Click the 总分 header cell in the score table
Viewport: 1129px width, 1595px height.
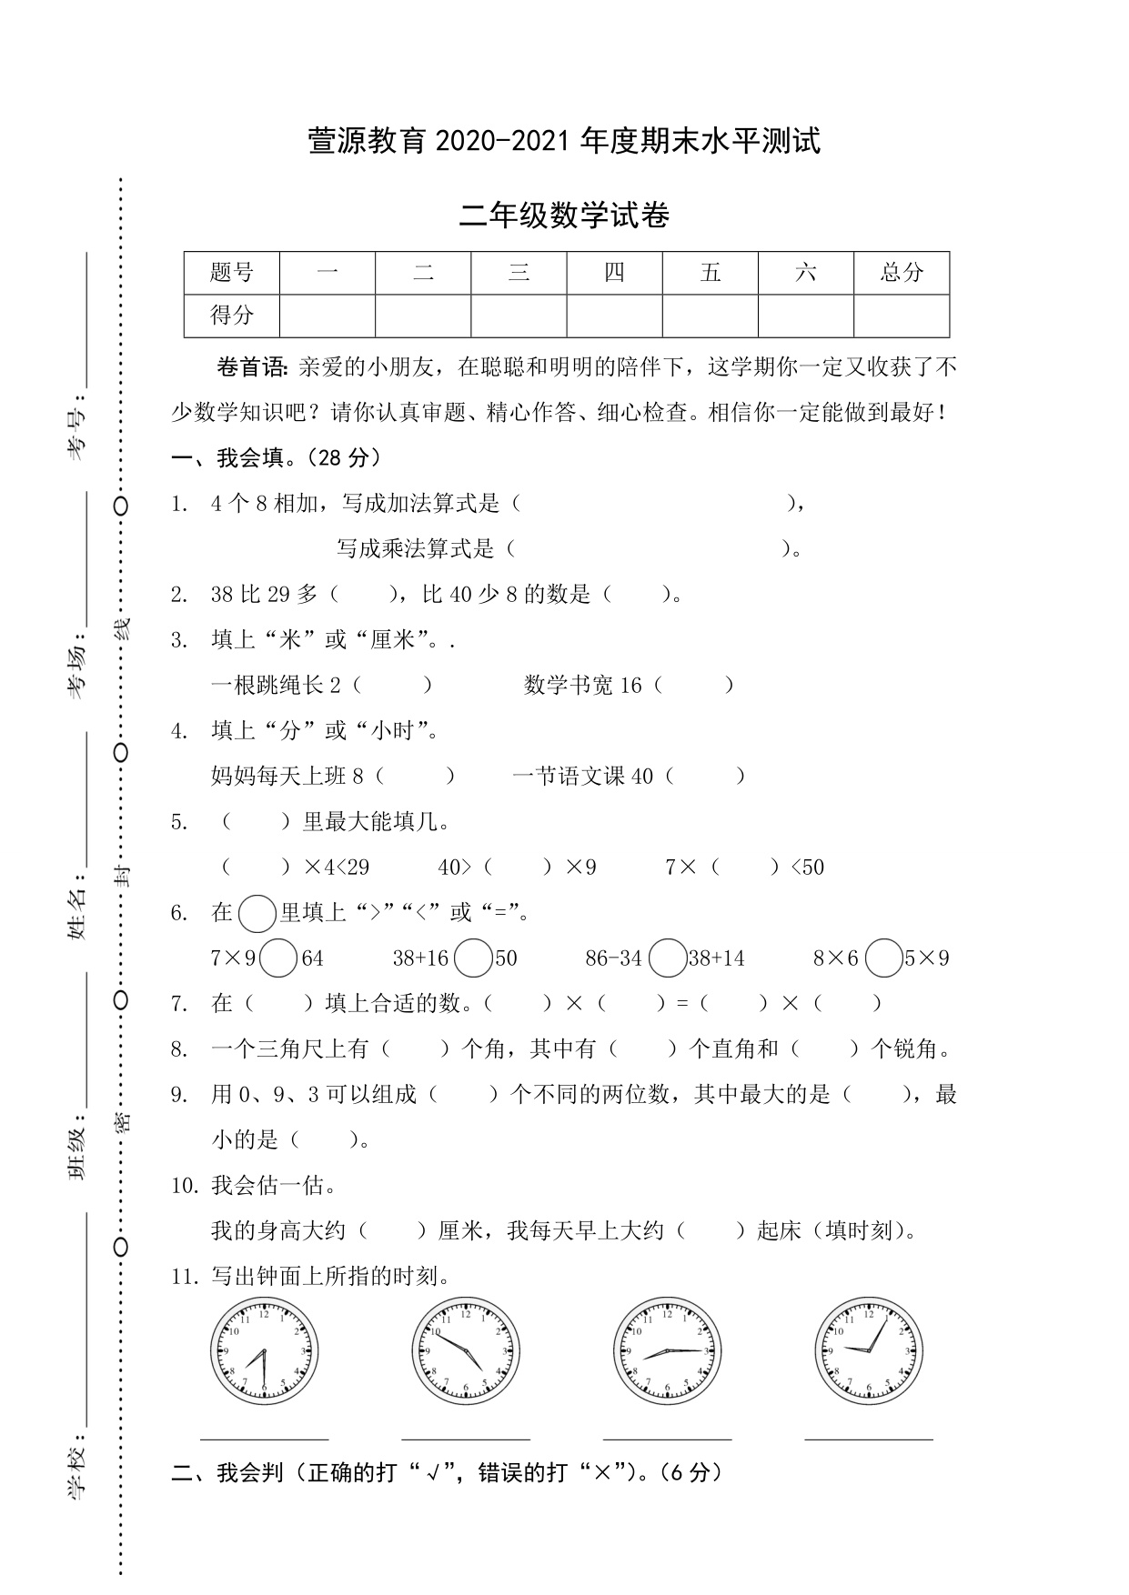point(902,272)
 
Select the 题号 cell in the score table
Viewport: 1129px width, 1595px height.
point(232,272)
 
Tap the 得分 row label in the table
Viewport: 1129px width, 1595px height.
point(232,316)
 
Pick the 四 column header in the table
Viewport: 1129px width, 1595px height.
point(615,272)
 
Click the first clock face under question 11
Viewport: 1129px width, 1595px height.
point(265,1351)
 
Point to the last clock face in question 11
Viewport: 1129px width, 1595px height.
point(869,1351)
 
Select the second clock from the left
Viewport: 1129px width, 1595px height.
point(466,1351)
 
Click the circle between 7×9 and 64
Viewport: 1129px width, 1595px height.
point(278,958)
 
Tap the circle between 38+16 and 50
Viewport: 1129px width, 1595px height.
point(473,958)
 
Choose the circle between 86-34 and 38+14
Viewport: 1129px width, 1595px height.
point(669,958)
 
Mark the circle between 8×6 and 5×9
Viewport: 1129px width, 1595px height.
point(883,958)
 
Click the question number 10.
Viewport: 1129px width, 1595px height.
point(184,1186)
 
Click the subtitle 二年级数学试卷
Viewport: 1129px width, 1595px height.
point(565,216)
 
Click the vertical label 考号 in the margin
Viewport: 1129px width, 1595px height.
point(79,433)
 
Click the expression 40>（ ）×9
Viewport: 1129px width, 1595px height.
point(517,868)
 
